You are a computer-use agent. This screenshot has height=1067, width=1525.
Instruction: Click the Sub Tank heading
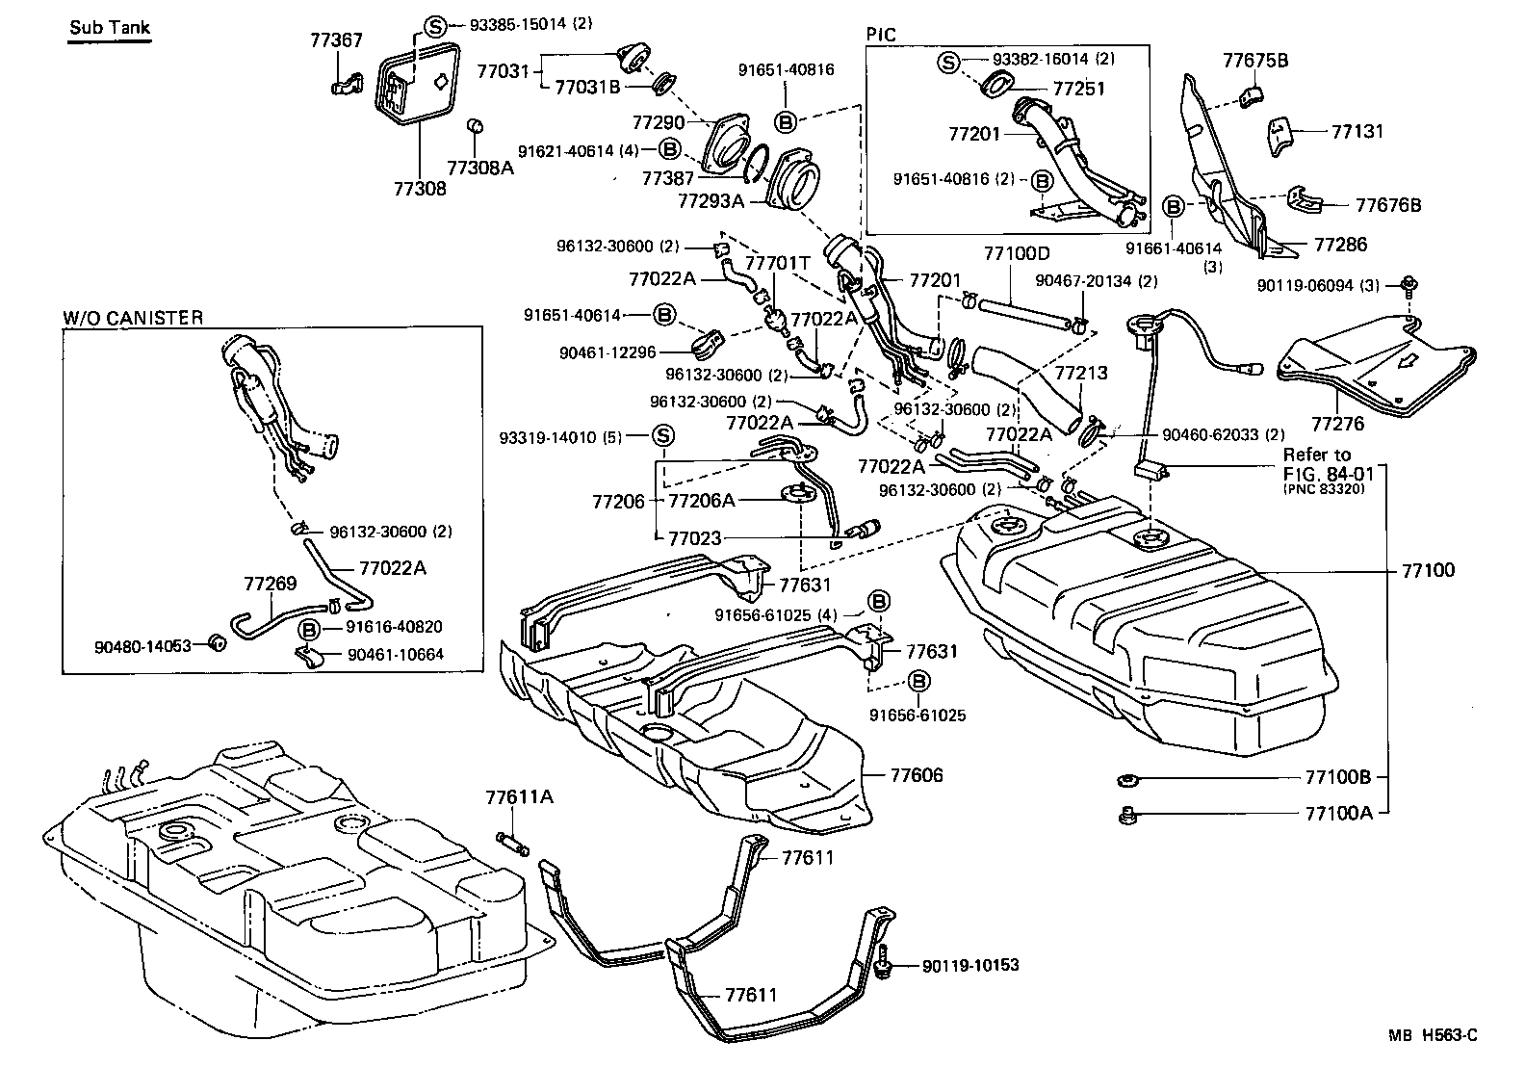pos(110,27)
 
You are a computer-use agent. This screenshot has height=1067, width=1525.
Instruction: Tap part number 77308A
pos(478,168)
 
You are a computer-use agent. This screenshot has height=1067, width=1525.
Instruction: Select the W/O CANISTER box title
pos(133,318)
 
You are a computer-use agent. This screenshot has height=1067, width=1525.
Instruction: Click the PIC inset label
pos(880,35)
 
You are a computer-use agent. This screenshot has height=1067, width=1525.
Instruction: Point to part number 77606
pos(917,775)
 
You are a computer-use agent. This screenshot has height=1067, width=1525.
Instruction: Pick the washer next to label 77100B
pos(1125,778)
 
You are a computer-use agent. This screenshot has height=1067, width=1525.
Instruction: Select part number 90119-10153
pos(969,965)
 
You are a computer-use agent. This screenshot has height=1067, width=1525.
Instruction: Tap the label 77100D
pos(1016,254)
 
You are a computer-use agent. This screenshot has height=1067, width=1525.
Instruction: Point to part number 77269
pos(270,584)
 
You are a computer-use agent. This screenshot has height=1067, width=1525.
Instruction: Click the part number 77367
pos(336,40)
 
